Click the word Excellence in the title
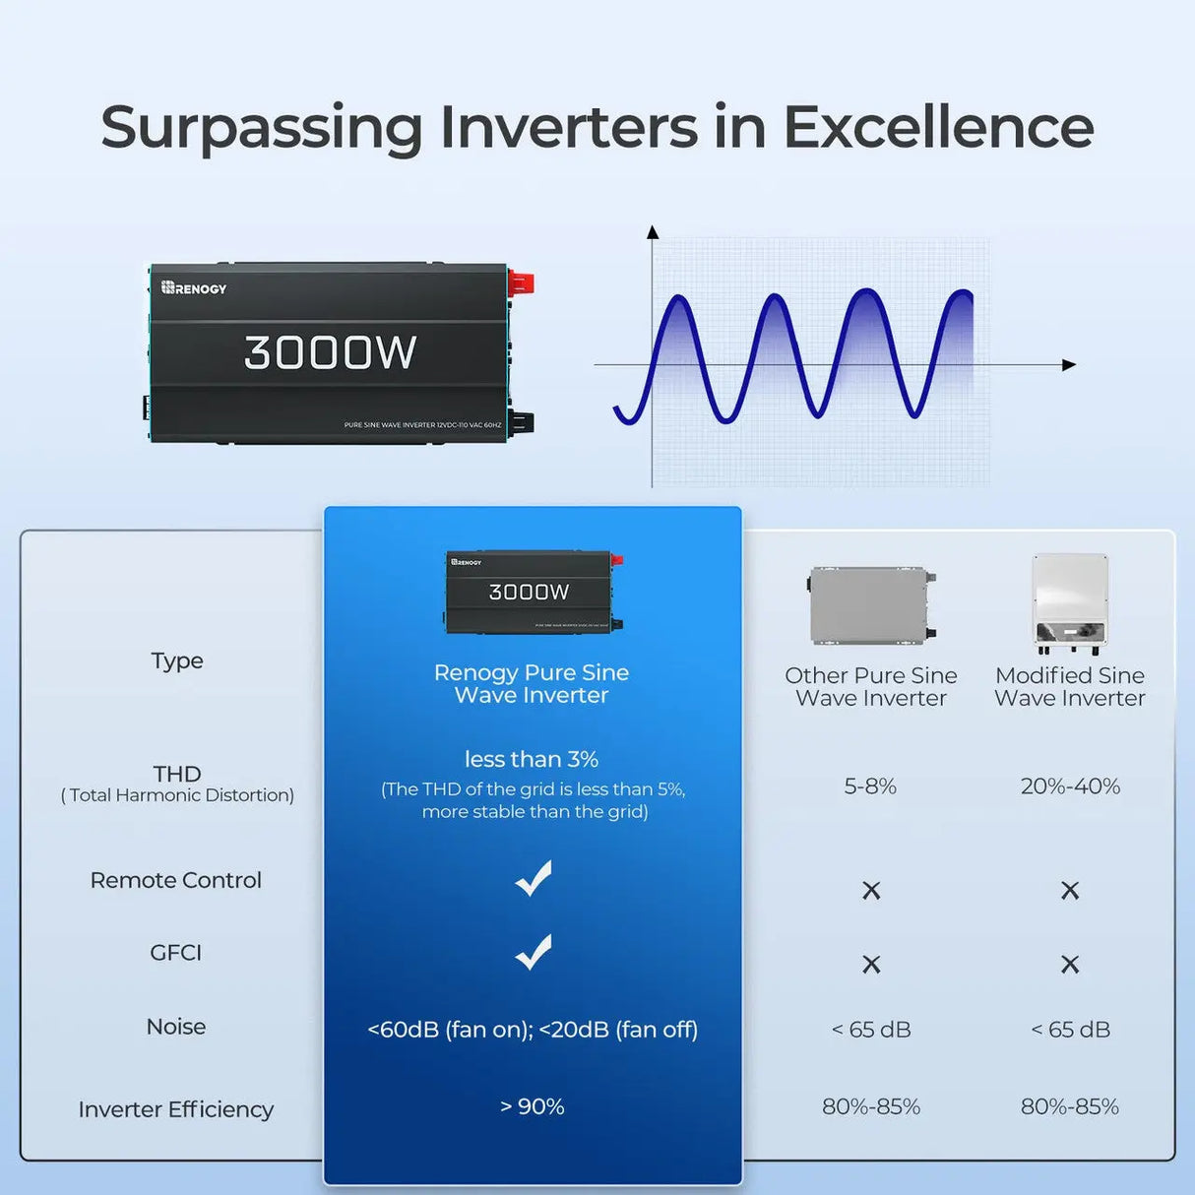[937, 128]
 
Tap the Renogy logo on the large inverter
[194, 288]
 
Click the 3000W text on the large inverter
[330, 352]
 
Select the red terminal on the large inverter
[521, 284]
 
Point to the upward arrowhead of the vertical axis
[652, 232]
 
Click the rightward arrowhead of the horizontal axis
[1069, 365]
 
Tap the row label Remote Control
[176, 880]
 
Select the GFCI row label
[176, 953]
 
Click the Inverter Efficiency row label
[176, 1109]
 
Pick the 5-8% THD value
[870, 786]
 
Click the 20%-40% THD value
[1070, 786]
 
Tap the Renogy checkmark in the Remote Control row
[533, 878]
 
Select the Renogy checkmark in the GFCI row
[533, 952]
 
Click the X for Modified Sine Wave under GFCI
[1070, 965]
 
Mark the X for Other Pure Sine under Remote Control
[871, 891]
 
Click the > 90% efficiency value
[533, 1106]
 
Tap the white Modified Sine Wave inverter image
[1070, 603]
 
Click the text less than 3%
[532, 759]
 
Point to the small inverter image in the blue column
[532, 592]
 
